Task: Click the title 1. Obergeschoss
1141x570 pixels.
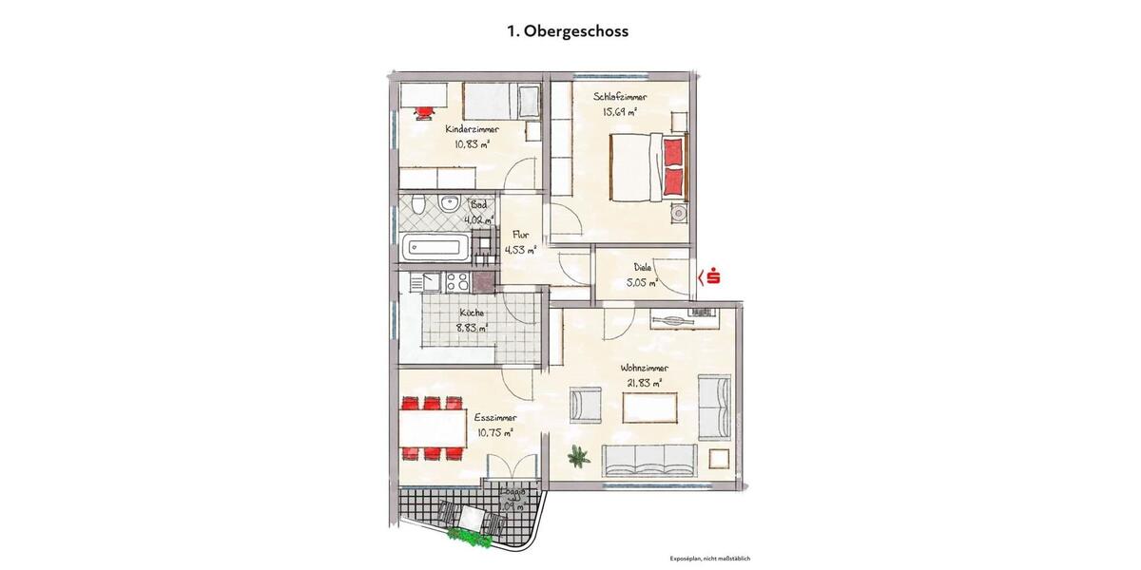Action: (x=567, y=31)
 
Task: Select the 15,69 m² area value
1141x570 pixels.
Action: (x=618, y=111)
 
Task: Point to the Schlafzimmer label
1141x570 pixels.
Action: (x=621, y=97)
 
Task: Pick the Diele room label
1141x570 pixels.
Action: (x=643, y=268)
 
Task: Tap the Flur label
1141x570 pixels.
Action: (x=520, y=235)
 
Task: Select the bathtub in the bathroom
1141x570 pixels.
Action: (x=435, y=249)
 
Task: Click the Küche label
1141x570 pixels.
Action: (x=472, y=313)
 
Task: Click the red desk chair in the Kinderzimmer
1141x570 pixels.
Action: (x=422, y=111)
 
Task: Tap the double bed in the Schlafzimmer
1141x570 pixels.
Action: (x=647, y=166)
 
